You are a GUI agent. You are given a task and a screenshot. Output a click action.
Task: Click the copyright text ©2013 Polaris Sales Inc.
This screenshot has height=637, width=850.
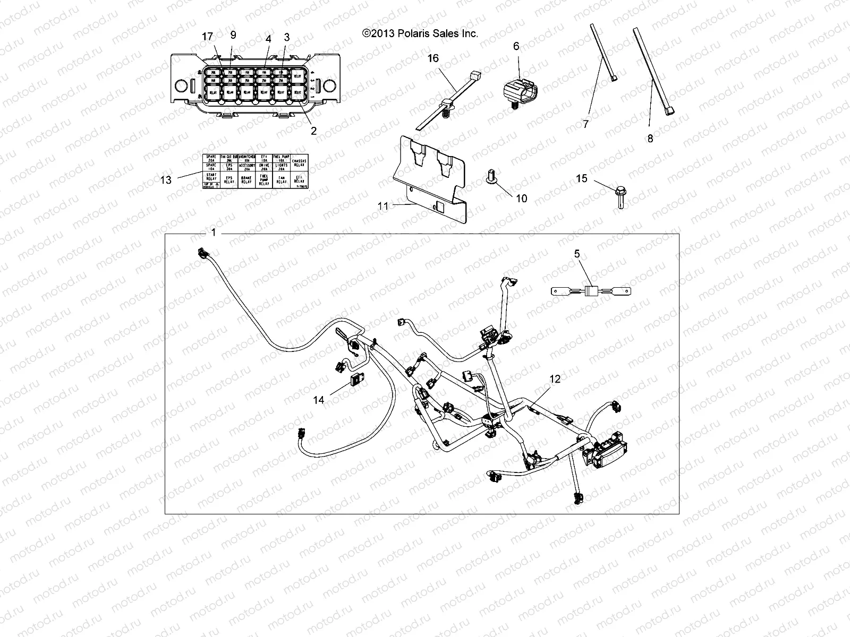tap(420, 33)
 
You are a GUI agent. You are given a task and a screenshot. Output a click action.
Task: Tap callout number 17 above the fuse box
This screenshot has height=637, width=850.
tap(207, 37)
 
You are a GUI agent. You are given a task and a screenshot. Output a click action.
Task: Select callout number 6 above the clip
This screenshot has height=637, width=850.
tap(516, 46)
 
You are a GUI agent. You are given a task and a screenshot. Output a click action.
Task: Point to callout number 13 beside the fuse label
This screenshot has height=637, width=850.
tap(166, 180)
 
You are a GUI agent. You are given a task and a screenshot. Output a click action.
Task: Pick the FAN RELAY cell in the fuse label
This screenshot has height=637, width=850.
tap(282, 180)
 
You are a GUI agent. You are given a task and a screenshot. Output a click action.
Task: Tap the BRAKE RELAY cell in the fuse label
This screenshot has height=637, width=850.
tap(246, 180)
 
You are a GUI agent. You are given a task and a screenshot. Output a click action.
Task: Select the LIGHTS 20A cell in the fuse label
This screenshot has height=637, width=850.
tap(282, 166)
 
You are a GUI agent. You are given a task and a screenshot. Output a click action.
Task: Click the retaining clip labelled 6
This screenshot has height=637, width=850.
tap(519, 86)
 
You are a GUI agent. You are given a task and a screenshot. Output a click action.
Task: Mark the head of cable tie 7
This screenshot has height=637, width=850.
tap(615, 79)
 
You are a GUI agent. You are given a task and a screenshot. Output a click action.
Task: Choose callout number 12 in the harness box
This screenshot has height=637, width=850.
tap(555, 379)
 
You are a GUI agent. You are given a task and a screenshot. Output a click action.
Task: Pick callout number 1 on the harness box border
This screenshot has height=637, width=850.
tap(214, 233)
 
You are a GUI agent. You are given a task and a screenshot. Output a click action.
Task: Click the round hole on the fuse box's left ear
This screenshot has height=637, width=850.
tap(180, 84)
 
